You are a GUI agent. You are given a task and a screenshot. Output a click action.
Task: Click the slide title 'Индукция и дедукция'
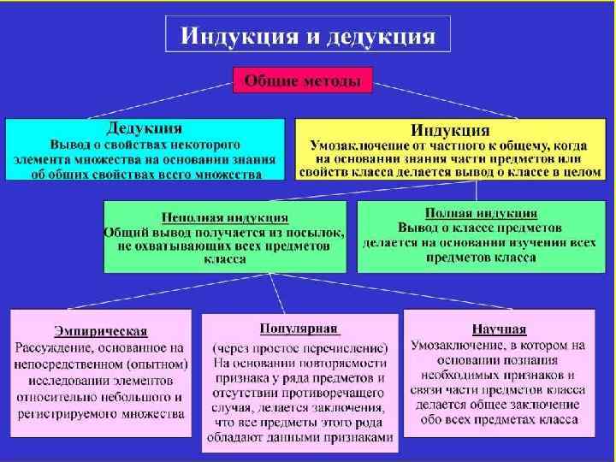click(x=308, y=37)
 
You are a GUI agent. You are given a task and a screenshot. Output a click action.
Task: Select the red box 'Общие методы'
click(x=303, y=80)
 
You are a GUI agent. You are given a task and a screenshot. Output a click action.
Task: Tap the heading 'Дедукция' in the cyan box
click(x=144, y=128)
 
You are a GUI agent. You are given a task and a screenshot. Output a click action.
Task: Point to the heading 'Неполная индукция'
click(x=225, y=217)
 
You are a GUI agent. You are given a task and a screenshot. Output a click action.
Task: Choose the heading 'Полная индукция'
click(x=481, y=213)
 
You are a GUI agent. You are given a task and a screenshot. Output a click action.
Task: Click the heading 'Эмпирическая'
click(x=101, y=331)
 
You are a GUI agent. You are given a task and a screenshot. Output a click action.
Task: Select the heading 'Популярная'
click(x=299, y=329)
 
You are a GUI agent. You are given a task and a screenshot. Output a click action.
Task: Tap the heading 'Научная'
click(x=499, y=329)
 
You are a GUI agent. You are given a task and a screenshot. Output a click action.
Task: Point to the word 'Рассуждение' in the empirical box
click(x=53, y=347)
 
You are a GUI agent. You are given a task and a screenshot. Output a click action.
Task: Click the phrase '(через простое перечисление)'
click(x=299, y=347)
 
